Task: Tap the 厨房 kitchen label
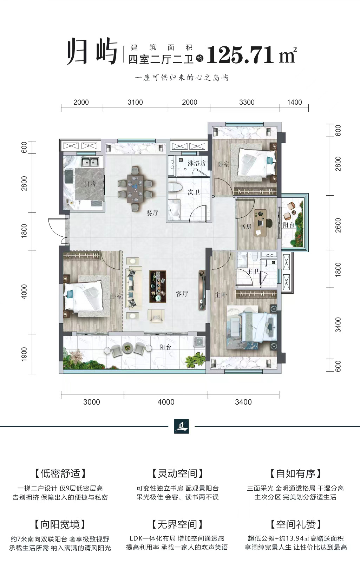(90, 183)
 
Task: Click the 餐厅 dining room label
(152, 213)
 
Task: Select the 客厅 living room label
(182, 294)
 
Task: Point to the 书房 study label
(246, 226)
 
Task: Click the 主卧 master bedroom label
(221, 295)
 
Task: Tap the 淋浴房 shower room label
(197, 163)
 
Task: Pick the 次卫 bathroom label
(194, 192)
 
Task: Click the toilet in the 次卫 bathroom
(175, 187)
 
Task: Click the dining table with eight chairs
(136, 188)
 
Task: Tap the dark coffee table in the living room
(157, 286)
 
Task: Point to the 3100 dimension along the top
(135, 102)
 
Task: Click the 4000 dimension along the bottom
(166, 402)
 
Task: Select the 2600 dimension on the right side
(338, 225)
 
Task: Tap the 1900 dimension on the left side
(24, 354)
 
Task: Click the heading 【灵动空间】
(177, 473)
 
